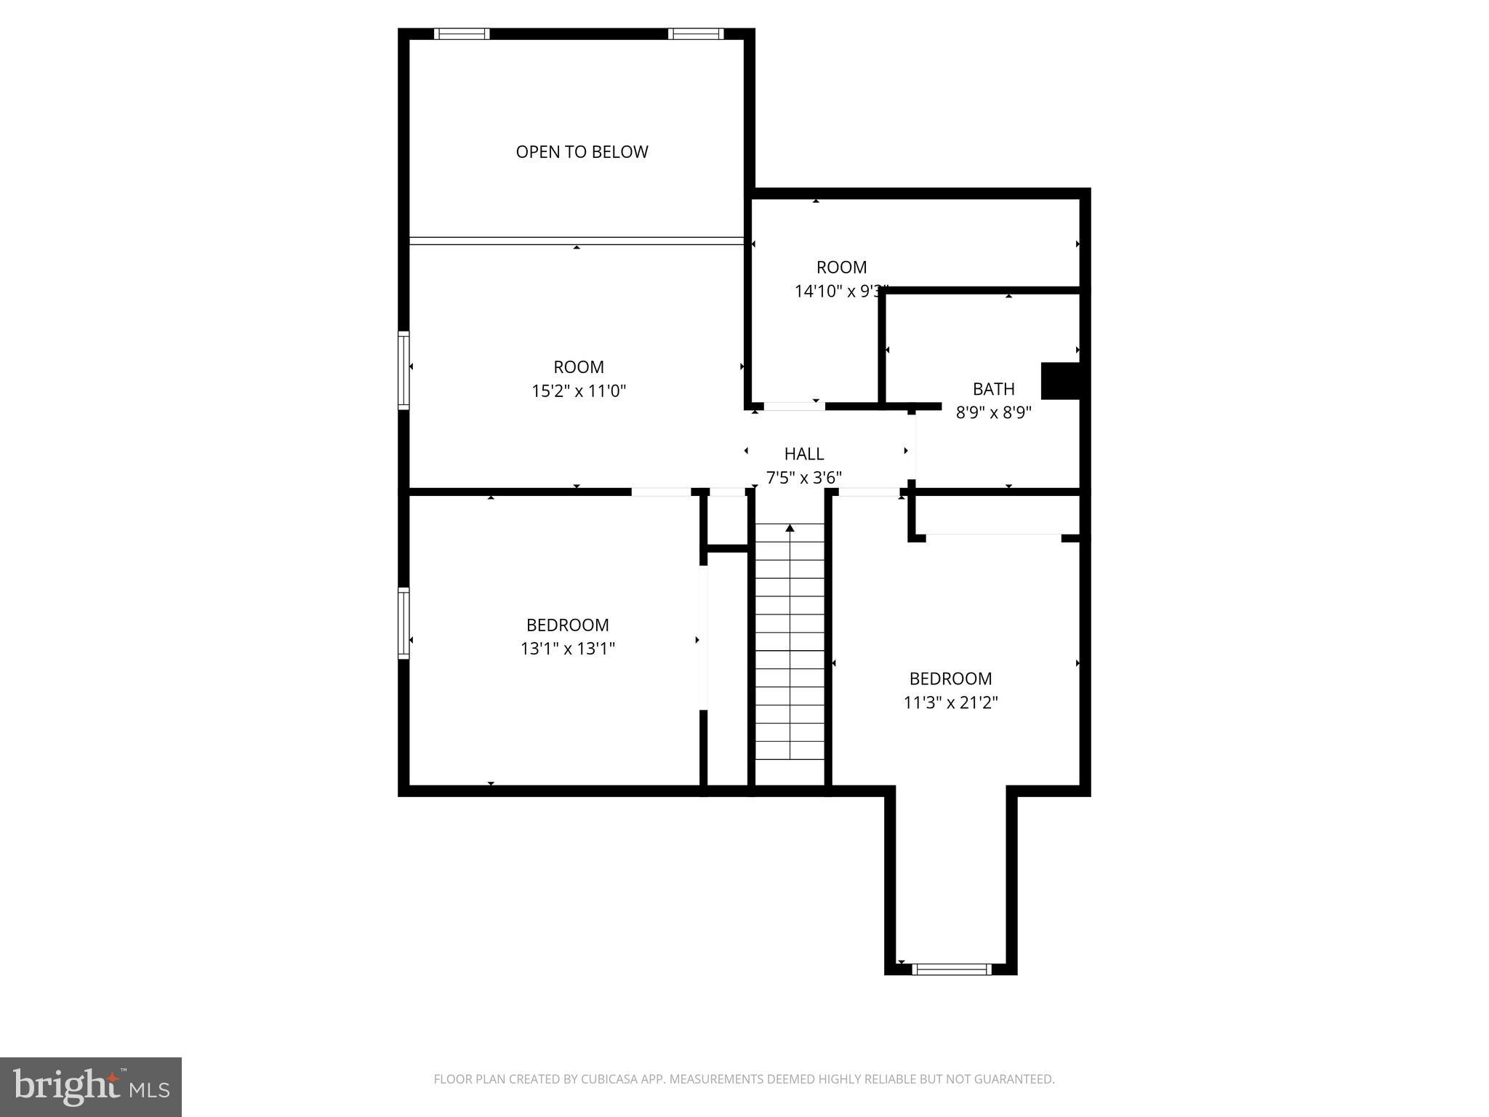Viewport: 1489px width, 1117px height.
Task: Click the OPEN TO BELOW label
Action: [x=582, y=152]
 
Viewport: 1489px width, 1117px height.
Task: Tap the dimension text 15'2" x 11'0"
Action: [x=579, y=391]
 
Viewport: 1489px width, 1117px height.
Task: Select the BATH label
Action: [x=993, y=389]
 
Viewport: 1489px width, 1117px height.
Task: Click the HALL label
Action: [x=803, y=454]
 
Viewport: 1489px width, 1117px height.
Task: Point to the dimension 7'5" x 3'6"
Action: [x=803, y=478]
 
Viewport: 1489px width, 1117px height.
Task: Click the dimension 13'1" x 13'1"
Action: [x=567, y=649]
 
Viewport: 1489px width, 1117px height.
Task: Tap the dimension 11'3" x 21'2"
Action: [x=950, y=702]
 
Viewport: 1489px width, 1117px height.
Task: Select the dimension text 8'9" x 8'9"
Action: [x=993, y=413]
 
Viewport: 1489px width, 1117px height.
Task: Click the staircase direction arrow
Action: [x=790, y=528]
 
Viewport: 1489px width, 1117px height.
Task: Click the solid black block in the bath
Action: [x=1060, y=380]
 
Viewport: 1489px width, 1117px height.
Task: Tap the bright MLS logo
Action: [x=91, y=1086]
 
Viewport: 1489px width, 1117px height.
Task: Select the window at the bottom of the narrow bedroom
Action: [x=951, y=969]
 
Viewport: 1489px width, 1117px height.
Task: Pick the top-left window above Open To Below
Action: [x=462, y=33]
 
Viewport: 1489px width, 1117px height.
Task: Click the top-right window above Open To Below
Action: [x=696, y=33]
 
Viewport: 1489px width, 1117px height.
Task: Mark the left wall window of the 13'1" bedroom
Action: [x=404, y=623]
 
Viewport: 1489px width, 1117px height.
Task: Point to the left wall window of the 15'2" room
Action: [x=404, y=369]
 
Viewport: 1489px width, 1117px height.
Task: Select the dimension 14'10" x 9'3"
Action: [x=840, y=292]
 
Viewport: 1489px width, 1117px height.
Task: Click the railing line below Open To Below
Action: [x=576, y=240]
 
